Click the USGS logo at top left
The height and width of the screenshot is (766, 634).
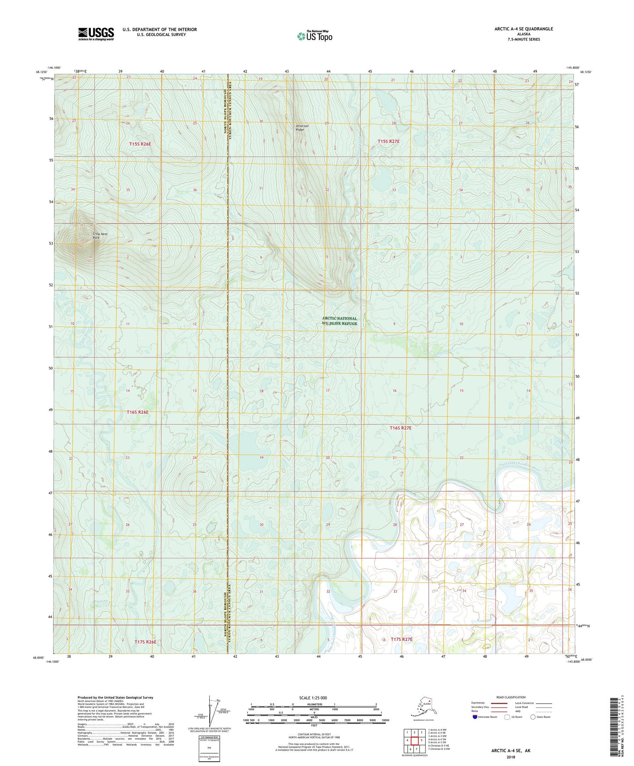[96, 34]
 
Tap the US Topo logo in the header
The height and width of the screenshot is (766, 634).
[314, 36]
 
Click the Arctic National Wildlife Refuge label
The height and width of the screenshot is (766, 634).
[340, 321]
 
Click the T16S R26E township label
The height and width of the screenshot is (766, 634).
[138, 412]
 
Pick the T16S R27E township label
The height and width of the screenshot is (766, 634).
[401, 427]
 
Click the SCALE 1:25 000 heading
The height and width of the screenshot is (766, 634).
[313, 698]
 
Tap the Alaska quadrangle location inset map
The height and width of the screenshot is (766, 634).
[423, 707]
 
